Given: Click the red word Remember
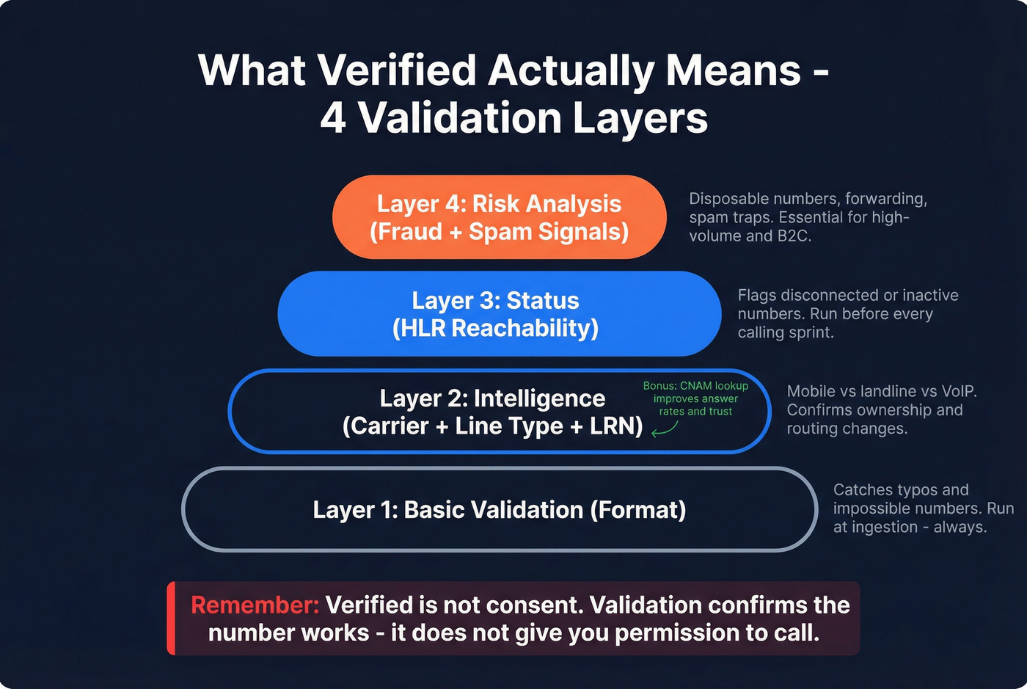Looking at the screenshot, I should click(x=255, y=605).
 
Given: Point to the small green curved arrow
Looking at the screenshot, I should click(x=665, y=429).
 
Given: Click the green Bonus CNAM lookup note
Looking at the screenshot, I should click(x=695, y=398).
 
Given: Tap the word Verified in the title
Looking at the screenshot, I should click(x=396, y=71).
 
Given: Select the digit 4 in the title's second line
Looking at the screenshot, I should click(x=333, y=118).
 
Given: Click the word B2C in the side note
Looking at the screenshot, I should click(x=792, y=236).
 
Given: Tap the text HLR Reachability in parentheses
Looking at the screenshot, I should click(x=496, y=328).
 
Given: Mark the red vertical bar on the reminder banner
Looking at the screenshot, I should click(x=171, y=618).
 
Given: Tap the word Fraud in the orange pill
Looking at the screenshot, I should click(x=403, y=232).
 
